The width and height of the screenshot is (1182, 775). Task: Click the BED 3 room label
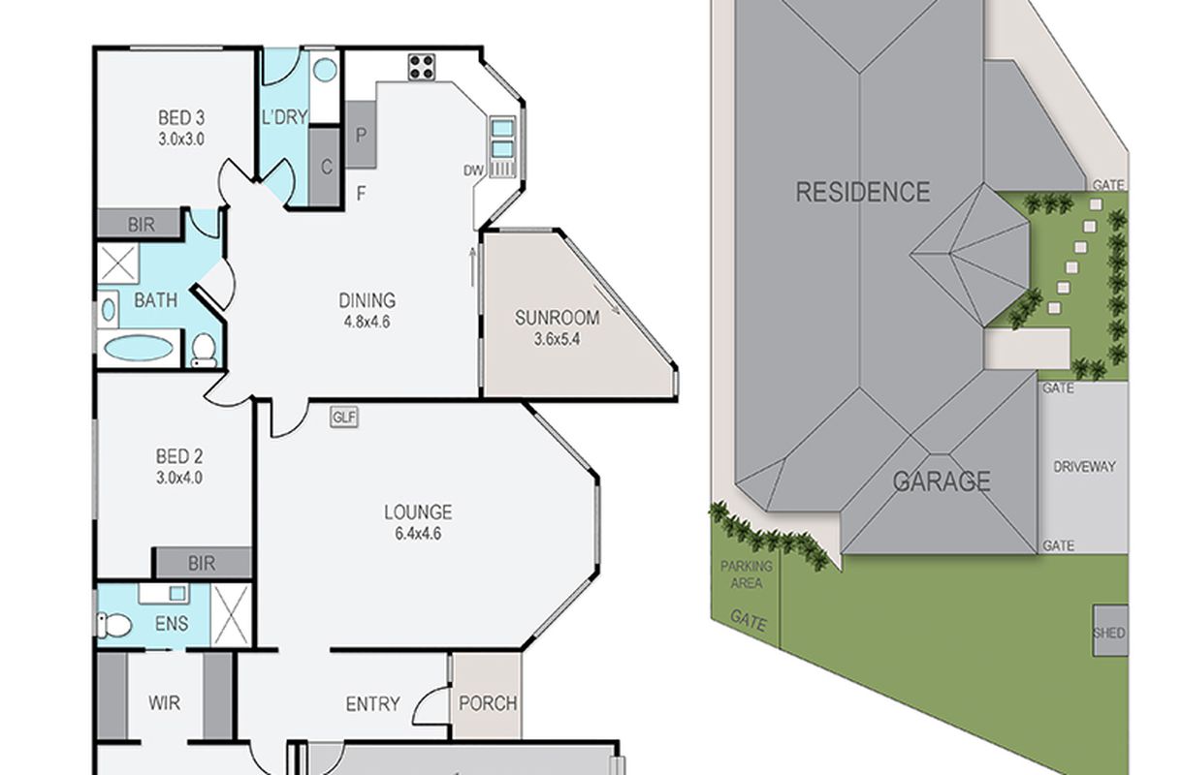point(181,117)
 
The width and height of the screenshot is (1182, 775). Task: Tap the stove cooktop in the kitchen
point(422,67)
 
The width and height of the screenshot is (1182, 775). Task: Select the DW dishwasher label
point(473,170)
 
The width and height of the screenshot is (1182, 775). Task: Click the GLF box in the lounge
point(344,418)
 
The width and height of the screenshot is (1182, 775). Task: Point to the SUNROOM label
point(558,318)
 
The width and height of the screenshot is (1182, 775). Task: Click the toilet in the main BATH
point(204,349)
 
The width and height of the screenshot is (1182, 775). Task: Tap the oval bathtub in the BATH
point(139,348)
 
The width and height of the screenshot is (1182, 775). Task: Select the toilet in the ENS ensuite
point(114,625)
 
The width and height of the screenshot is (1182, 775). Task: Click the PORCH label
point(488,703)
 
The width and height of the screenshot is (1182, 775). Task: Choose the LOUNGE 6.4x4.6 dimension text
point(418,534)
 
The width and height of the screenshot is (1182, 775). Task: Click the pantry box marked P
point(361,135)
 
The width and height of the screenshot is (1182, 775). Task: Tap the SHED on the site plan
point(1110,632)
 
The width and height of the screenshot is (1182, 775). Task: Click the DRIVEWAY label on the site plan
point(1084,466)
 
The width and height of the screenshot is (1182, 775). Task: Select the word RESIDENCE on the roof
point(863,192)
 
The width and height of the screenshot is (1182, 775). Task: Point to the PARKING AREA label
point(746,574)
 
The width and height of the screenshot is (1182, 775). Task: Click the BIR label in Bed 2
point(202,564)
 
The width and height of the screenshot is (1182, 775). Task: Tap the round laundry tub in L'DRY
point(325,70)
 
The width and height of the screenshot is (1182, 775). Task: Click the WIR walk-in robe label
point(164,702)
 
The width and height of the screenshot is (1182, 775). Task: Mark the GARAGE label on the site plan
point(942,480)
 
